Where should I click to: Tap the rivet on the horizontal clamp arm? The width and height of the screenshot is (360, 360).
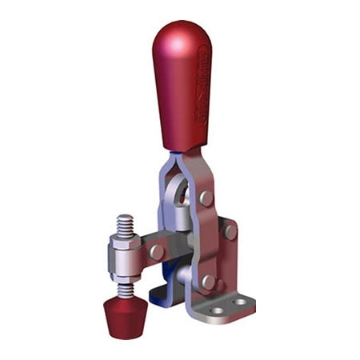[157, 252]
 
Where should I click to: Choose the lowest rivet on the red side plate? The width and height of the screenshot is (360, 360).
[208, 282]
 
